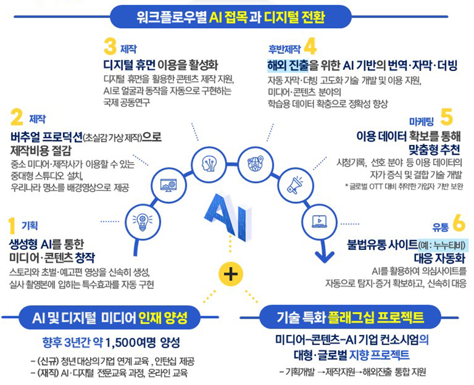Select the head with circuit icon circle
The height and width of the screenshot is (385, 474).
[211, 162]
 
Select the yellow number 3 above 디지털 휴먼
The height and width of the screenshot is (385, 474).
[110, 46]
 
